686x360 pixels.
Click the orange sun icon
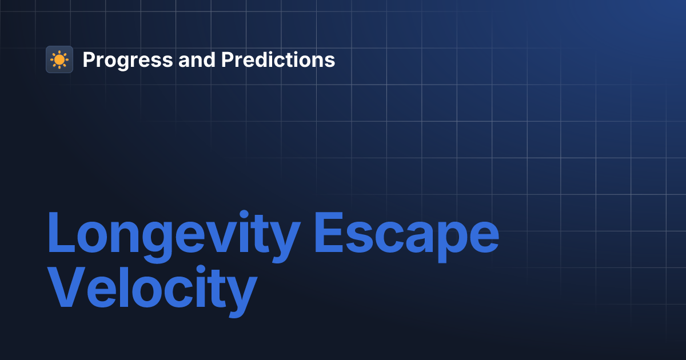pyautogui.click(x=59, y=59)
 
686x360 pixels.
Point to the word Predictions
pyautogui.click(x=278, y=59)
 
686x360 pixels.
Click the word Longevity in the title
pyautogui.click(x=173, y=235)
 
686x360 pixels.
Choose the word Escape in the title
pyautogui.click(x=406, y=235)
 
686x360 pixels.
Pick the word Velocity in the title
pyautogui.click(x=151, y=292)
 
